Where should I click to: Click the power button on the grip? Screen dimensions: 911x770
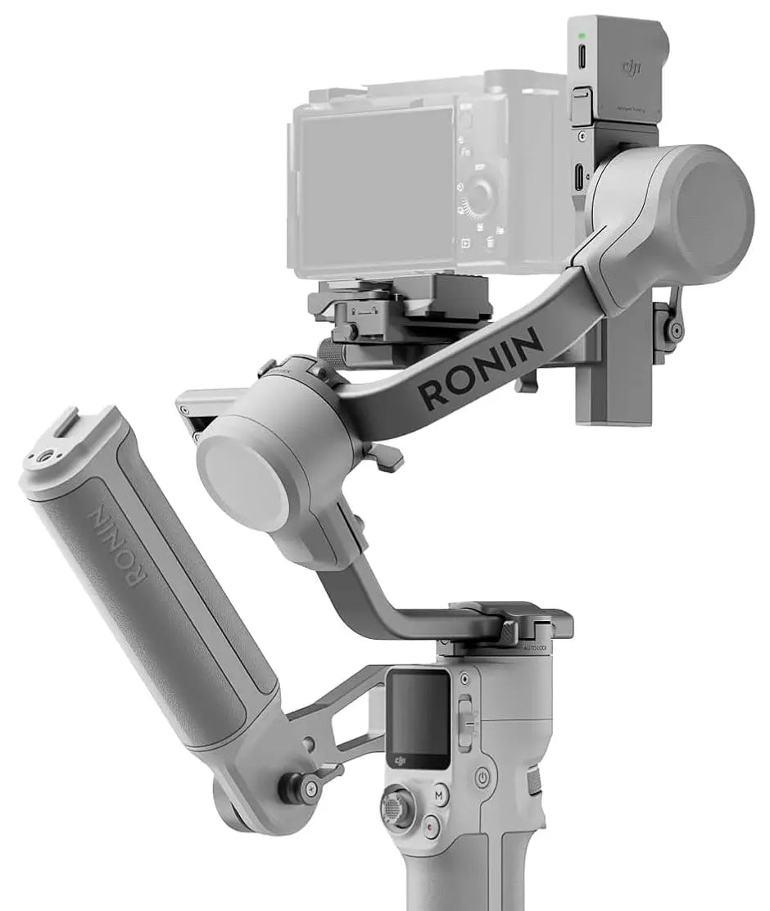coord(482,776)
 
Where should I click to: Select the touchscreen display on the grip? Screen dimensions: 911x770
coord(419,714)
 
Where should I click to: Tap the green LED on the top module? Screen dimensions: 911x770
coord(581,35)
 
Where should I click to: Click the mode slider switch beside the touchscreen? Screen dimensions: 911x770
coord(465,721)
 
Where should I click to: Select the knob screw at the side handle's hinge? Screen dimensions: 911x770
coord(297,787)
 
